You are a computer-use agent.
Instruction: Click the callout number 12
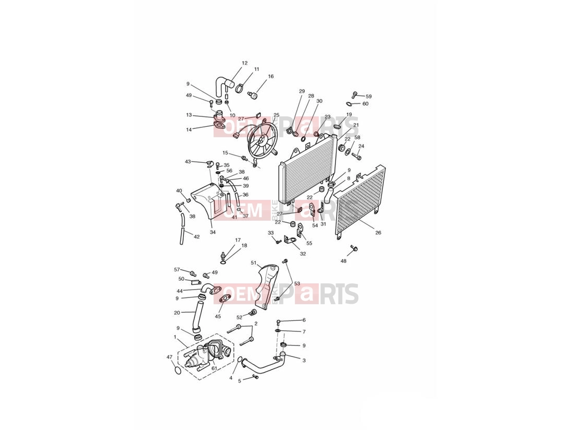click(244, 63)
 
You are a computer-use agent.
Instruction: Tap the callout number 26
click(378, 232)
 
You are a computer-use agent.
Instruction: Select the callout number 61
click(214, 368)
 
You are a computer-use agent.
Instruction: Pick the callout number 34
click(213, 232)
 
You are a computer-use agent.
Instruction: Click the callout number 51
click(254, 262)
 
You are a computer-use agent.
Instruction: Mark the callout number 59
click(369, 97)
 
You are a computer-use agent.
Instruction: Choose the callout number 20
click(177, 313)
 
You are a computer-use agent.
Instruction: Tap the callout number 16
click(271, 76)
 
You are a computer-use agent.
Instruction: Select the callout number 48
click(343, 261)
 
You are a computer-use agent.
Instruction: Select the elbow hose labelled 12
click(220, 87)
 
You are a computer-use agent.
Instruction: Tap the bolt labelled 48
click(354, 249)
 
